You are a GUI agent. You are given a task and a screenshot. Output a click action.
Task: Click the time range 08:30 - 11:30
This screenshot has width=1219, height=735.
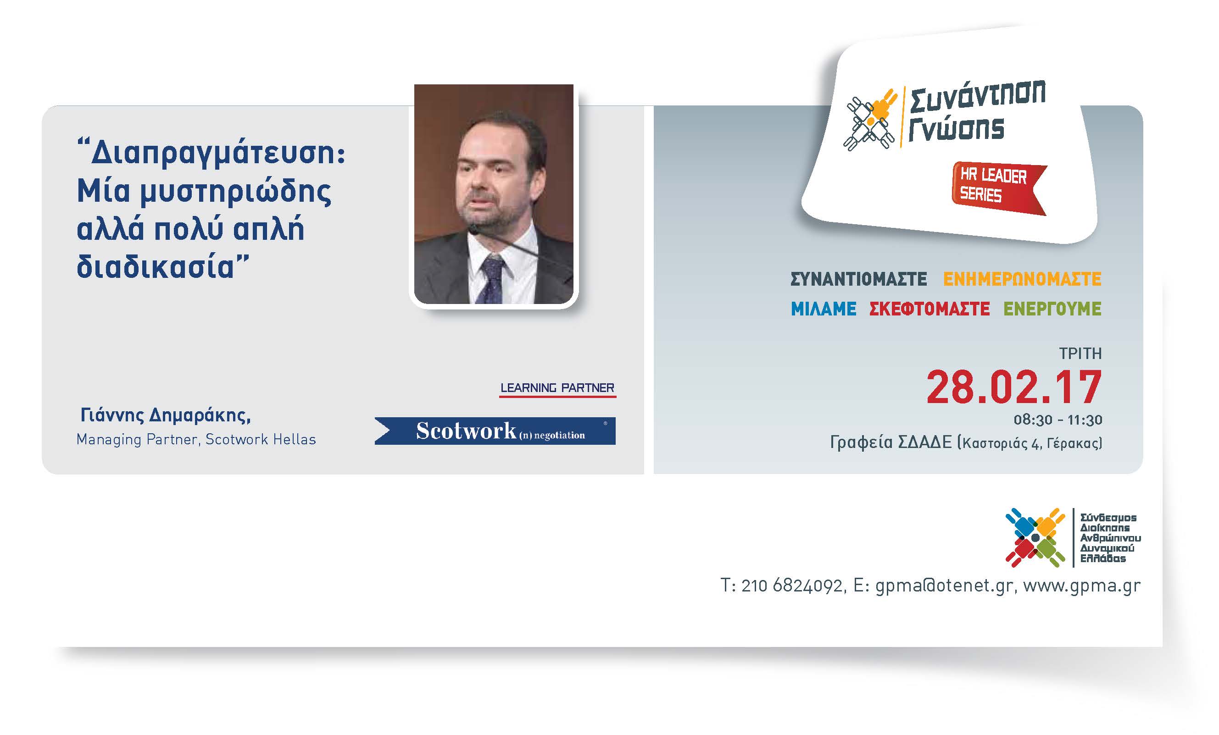[1058, 420]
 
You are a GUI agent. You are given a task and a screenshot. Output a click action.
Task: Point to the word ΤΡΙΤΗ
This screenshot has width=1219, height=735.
[1080, 354]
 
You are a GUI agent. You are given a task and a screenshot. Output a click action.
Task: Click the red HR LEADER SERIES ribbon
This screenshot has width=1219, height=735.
[999, 188]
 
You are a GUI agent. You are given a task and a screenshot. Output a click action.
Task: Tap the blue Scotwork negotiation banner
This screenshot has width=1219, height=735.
[495, 431]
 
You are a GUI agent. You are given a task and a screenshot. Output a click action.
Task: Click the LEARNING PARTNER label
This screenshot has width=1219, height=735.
[557, 388]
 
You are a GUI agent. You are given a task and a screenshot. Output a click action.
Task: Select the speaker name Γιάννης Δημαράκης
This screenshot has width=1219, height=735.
[165, 416]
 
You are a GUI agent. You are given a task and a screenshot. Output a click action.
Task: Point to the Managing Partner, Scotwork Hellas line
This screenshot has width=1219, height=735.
[196, 439]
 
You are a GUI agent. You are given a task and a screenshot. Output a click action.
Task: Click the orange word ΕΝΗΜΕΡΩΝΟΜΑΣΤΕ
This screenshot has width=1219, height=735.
[1022, 279]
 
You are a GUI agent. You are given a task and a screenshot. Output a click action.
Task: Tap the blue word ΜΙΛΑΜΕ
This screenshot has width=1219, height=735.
[823, 309]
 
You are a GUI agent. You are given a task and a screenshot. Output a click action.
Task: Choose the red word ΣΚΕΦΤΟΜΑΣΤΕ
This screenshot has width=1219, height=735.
[930, 309]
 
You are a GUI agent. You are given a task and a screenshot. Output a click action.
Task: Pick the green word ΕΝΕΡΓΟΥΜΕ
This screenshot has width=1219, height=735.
[1052, 309]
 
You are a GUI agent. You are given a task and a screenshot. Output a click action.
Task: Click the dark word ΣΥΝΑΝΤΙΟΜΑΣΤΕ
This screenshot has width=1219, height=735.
[858, 279]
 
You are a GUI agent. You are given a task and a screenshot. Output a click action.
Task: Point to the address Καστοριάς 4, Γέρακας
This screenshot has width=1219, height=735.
[1030, 443]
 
